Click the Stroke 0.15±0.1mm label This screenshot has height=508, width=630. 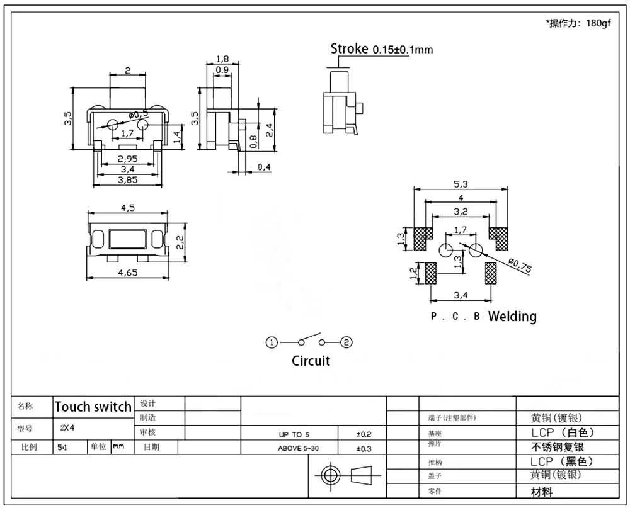tap(382, 49)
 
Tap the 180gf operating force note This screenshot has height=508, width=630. tap(598, 23)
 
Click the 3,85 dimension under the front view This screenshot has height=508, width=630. tap(127, 180)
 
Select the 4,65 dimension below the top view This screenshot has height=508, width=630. tap(128, 273)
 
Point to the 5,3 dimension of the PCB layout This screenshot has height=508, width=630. tap(461, 184)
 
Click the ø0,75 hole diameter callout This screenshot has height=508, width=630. tap(520, 266)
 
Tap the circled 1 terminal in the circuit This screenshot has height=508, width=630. tap(272, 342)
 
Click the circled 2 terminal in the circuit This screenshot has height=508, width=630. tap(346, 342)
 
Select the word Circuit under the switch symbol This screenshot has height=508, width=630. tap(311, 361)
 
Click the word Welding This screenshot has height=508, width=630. tap(512, 317)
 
